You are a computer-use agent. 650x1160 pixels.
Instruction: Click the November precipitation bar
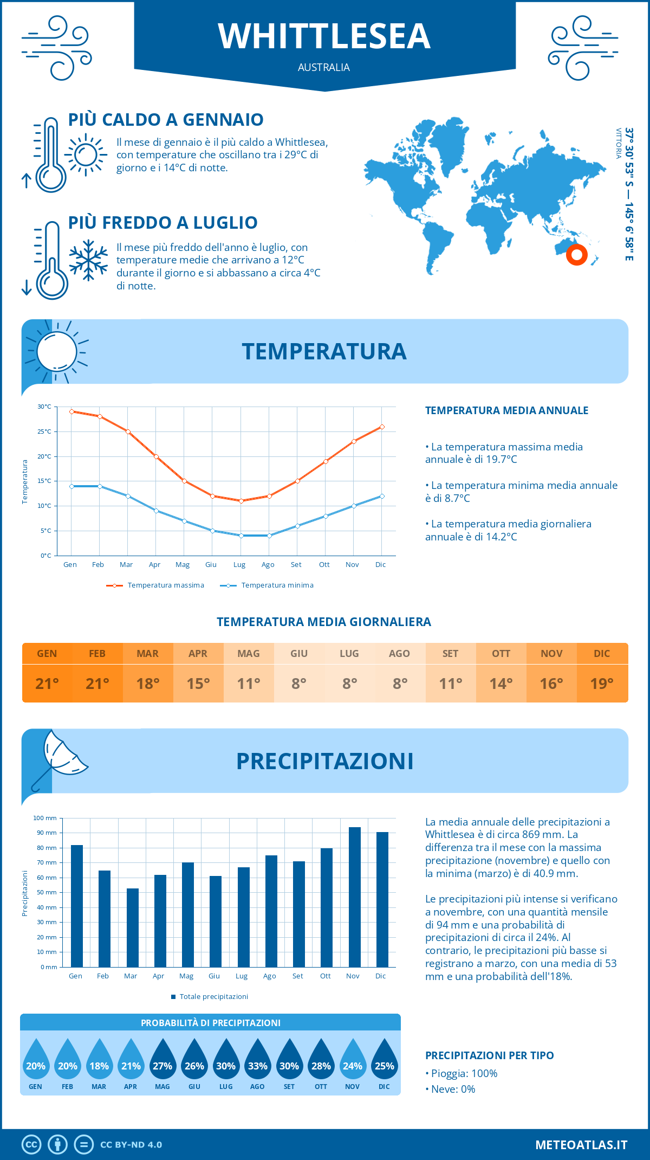354,897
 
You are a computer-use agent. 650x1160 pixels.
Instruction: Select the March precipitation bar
133,927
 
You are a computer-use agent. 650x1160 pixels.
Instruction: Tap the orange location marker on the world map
576,254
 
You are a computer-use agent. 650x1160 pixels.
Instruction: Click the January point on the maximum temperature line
71,411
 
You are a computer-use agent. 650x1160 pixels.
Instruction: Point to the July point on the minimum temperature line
241,536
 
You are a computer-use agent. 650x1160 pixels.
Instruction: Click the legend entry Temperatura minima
266,585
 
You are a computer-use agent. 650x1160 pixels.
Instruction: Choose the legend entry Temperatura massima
155,585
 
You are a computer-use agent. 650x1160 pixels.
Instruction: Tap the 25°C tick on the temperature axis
44,431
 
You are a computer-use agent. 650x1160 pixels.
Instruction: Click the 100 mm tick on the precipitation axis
45,818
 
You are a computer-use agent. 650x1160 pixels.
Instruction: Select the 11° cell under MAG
249,684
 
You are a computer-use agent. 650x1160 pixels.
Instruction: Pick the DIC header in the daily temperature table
602,654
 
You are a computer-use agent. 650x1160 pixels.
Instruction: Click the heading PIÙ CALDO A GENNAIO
166,119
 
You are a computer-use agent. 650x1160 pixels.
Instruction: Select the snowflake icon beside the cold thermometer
88,260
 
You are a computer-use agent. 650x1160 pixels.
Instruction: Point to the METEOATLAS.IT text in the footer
581,1145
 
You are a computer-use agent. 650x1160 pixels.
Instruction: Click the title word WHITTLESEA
324,36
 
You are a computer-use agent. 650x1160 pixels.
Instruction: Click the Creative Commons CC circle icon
31,1145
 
